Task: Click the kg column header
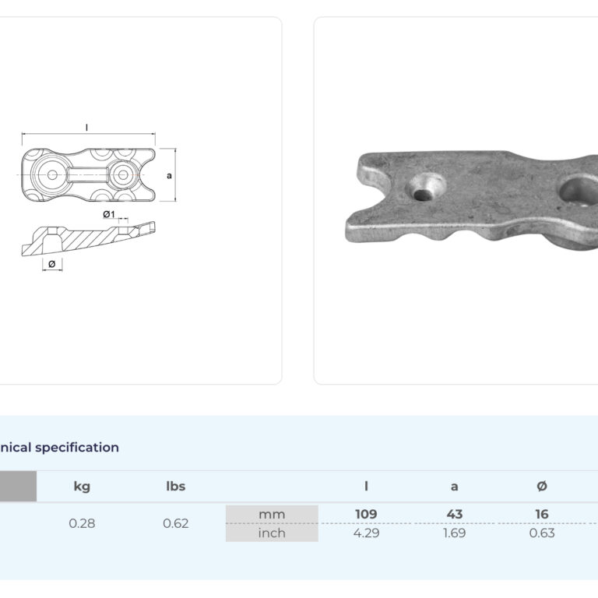82,487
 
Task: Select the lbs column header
176,486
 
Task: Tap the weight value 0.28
82,523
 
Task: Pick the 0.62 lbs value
176,523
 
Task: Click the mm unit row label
272,515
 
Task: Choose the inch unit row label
272,533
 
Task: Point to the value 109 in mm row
366,514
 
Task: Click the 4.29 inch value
366,533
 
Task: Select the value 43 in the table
454,514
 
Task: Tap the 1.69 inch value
454,533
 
